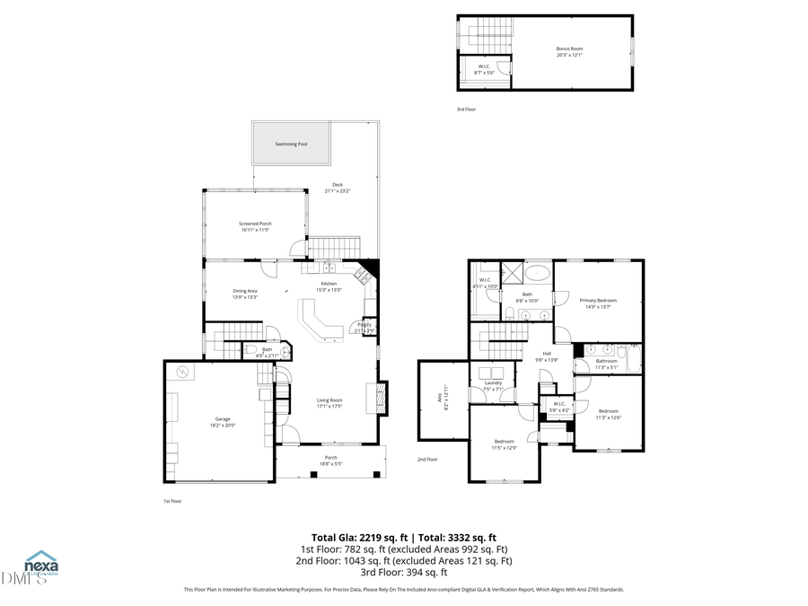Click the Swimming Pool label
291,144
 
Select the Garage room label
222,419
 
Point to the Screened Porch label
255,224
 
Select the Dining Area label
245,291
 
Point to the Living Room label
329,400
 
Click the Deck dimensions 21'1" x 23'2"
337,191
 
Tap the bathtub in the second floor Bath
539,273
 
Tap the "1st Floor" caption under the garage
171,501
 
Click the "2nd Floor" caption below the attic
427,459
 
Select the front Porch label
331,458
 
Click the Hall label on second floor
547,355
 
